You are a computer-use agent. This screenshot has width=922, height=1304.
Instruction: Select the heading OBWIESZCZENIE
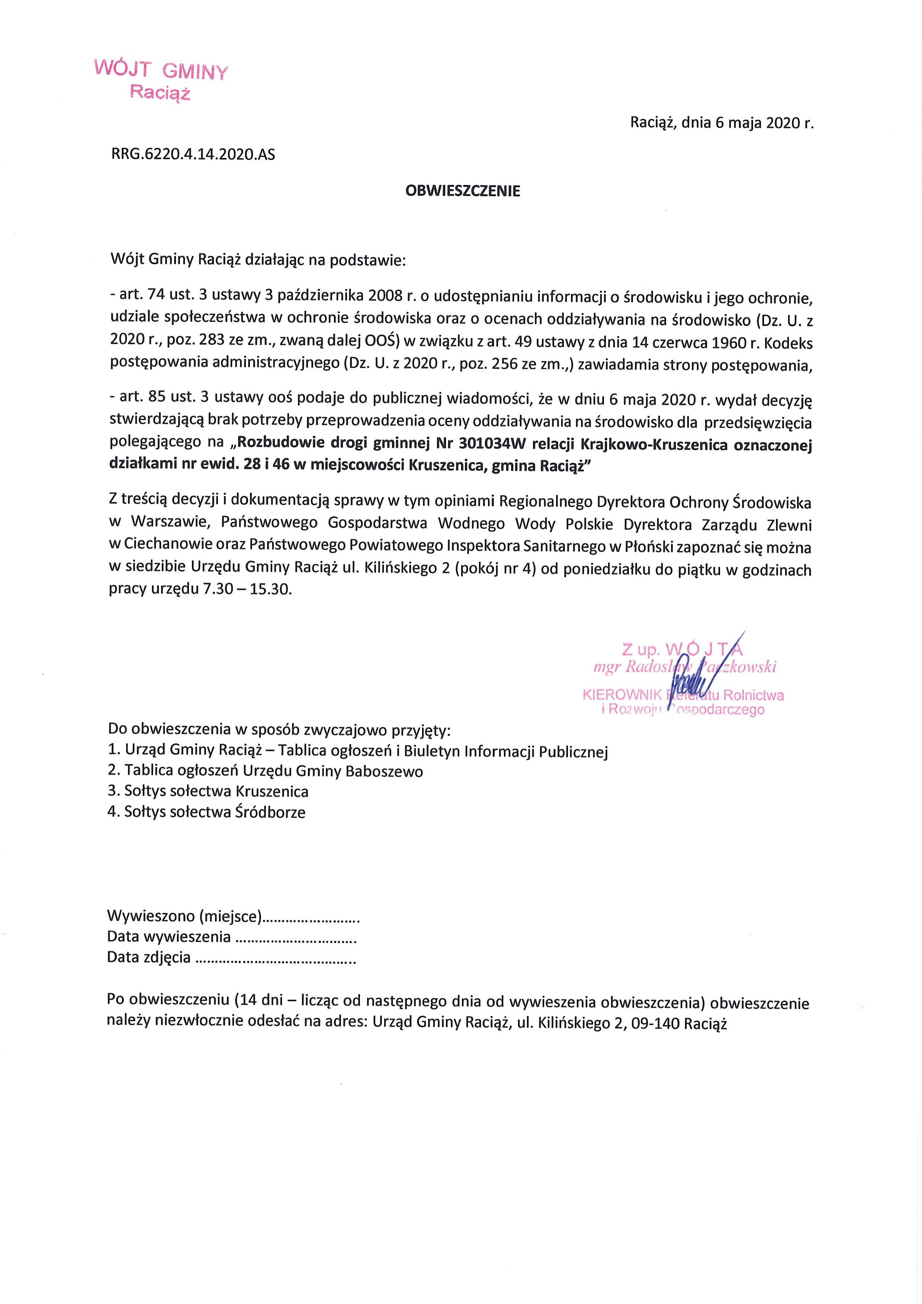coord(462,191)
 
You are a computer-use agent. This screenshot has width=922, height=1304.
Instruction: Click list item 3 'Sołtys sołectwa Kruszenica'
coord(208,792)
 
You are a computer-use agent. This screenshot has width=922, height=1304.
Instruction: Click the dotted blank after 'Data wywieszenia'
coord(295,937)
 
